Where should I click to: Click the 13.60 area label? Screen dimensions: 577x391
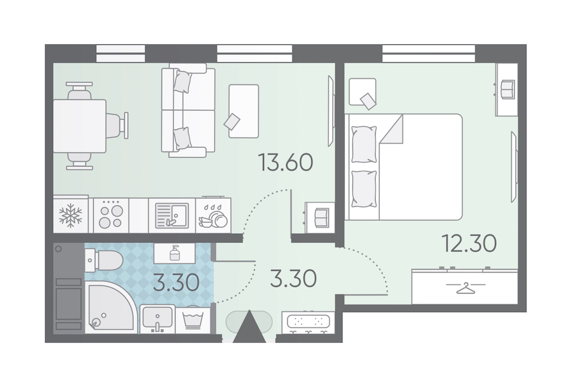coord(286,163)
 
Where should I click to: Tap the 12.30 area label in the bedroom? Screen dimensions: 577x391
coord(469,243)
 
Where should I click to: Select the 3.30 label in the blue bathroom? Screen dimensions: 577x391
coord(176,283)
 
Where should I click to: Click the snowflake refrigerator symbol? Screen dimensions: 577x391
coord(71,215)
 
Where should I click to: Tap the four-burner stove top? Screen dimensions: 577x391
coord(111,215)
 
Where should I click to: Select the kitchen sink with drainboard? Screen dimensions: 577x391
coord(171,215)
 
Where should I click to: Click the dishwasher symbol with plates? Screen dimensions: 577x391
coord(213,216)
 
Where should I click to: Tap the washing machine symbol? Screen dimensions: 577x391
coord(193,319)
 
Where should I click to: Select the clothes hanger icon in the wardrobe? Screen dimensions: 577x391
coord(465,288)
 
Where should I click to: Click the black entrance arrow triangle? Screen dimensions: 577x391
coord(249,327)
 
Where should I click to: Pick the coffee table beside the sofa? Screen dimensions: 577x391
coord(244,111)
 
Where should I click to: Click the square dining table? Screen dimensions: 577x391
coord(80,126)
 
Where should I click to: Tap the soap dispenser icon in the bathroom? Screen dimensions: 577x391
coord(175,253)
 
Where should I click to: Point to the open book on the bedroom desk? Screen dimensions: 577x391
coord(508,89)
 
